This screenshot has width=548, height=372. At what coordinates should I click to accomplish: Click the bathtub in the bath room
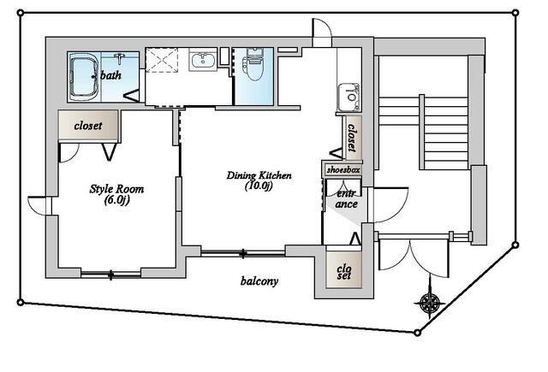85,77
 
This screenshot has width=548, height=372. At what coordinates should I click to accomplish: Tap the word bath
110,75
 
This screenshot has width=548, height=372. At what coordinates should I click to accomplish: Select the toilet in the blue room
254,64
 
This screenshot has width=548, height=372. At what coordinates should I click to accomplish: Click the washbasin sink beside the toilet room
203,60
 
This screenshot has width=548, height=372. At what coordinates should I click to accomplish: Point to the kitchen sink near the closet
348,97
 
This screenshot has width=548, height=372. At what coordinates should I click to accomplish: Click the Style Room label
116,189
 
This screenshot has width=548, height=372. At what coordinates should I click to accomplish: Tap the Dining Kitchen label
259,174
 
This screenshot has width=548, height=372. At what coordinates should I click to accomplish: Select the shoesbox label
343,170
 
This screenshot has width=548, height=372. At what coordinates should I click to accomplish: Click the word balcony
259,280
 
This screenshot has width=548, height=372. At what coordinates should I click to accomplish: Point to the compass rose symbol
430,302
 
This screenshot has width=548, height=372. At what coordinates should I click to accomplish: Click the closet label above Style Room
88,125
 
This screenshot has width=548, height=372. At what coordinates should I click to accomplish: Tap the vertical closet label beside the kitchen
352,138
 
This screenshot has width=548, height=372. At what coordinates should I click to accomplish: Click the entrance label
346,198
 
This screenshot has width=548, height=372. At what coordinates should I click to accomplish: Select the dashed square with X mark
162,60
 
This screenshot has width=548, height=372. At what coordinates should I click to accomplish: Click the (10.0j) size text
259,186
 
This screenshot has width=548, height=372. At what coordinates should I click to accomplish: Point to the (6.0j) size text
117,200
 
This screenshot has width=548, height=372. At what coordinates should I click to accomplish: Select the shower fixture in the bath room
120,58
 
